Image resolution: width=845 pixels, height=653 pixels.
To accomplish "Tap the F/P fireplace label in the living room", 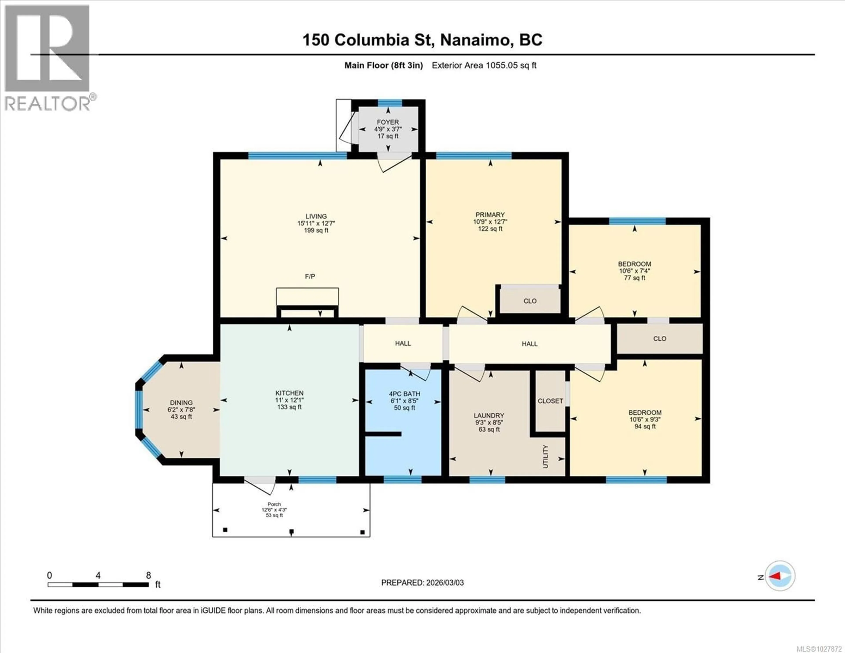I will (x=310, y=276).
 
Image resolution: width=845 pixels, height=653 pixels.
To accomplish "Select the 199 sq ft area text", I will (x=316, y=230).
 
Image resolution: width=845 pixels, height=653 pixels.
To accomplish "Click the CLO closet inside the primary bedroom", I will (x=530, y=301).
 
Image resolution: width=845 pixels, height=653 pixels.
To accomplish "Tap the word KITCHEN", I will (x=289, y=393).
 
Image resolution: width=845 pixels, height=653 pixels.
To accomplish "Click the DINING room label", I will (x=181, y=403).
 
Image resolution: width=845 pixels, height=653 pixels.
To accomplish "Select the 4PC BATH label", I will (x=404, y=394).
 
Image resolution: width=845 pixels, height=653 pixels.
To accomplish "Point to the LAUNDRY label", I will (x=489, y=415).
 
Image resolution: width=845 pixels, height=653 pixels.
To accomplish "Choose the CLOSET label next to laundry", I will (x=550, y=401).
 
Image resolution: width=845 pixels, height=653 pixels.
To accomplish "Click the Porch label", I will (x=274, y=504).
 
